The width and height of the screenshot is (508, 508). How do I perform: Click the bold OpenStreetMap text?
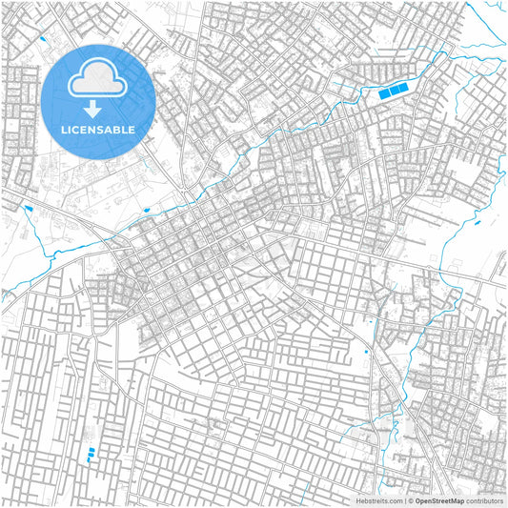tap(439, 500)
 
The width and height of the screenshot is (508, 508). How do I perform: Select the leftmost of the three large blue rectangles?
tap(384, 93)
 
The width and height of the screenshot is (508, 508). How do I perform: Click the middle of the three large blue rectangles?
tap(393, 91)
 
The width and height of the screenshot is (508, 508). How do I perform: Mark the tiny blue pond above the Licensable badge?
tap(42, 38)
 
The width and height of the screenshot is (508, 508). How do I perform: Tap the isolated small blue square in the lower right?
tap(366, 353)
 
